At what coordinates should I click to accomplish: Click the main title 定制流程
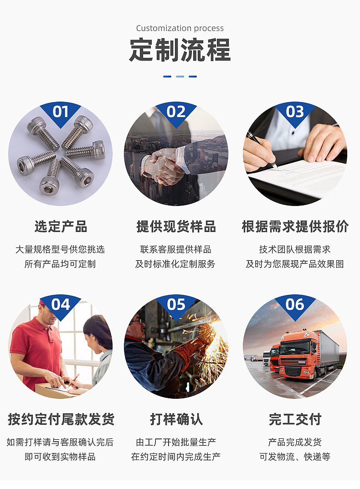coord(180,50)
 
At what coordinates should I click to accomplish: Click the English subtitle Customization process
coord(180,28)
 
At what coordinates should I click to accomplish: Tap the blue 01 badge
coord(60,113)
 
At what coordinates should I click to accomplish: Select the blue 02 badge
coord(176,113)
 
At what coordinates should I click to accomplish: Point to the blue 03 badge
coord(295,113)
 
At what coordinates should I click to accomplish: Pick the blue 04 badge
coord(60,306)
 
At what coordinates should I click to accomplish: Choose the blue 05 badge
coord(176,306)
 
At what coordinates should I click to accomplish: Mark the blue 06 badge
coord(295,306)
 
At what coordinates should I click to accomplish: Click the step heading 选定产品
coord(61,226)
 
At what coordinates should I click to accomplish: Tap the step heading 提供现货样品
coord(176,226)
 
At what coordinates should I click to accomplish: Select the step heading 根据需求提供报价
coord(295,226)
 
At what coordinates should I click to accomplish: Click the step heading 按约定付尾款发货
coord(61,419)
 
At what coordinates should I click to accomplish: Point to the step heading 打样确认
coord(176,419)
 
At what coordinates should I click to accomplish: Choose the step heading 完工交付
coord(295,419)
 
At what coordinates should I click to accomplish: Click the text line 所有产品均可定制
coord(60,264)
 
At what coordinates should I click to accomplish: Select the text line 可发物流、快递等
coord(295,457)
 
